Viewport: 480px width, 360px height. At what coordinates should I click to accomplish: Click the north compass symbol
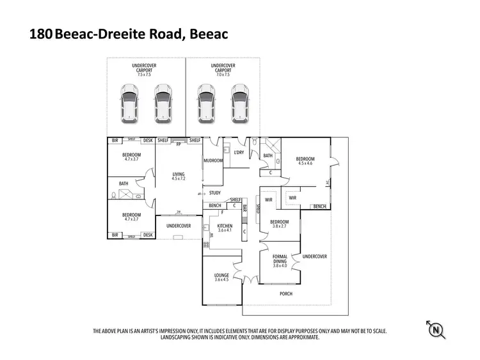click(436, 329)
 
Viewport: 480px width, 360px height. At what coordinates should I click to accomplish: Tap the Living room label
click(178, 174)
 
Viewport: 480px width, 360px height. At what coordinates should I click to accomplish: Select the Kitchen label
click(224, 227)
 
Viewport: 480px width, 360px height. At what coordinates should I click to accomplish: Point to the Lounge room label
click(221, 276)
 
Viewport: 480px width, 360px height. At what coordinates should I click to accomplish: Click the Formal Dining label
click(280, 258)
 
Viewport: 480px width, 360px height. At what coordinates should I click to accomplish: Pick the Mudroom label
click(212, 160)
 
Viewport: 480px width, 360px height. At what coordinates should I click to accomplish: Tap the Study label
click(214, 192)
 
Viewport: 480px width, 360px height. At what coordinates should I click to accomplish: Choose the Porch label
click(286, 294)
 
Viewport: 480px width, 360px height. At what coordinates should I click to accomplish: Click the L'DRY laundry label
click(239, 152)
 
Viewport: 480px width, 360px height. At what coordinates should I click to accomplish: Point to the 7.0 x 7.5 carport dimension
click(223, 75)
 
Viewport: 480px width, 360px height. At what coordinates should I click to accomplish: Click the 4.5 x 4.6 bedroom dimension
click(305, 163)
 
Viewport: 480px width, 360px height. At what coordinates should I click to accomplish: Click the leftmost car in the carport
click(129, 103)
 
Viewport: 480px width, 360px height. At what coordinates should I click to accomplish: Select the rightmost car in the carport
click(240, 103)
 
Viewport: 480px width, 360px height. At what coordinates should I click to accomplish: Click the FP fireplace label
click(179, 145)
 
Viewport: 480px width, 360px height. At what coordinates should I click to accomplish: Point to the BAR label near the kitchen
click(244, 209)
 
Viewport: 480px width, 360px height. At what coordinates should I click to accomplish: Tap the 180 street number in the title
click(41, 35)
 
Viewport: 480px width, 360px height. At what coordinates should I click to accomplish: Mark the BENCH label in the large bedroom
click(319, 207)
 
